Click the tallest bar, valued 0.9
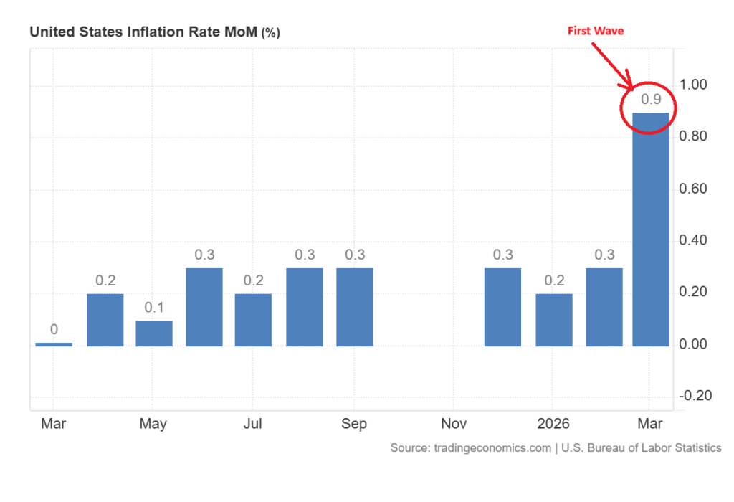(651, 229)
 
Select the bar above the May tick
(154, 333)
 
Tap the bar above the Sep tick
(355, 307)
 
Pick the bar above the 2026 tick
(553, 320)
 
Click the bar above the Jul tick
(253, 320)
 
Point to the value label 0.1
(154, 308)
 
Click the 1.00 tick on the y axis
(693, 85)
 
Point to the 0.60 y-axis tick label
(693, 189)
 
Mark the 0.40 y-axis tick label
(693, 240)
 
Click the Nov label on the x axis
(454, 423)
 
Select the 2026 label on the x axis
(553, 423)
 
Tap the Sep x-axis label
(354, 423)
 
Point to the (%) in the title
(271, 33)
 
